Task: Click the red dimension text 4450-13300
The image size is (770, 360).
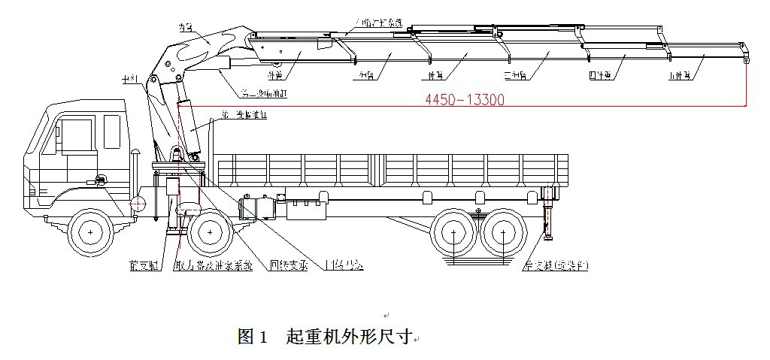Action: (x=464, y=99)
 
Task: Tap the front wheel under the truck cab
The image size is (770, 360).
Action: (x=91, y=234)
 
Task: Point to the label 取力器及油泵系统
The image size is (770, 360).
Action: (x=213, y=265)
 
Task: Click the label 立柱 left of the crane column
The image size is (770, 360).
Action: (x=130, y=79)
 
